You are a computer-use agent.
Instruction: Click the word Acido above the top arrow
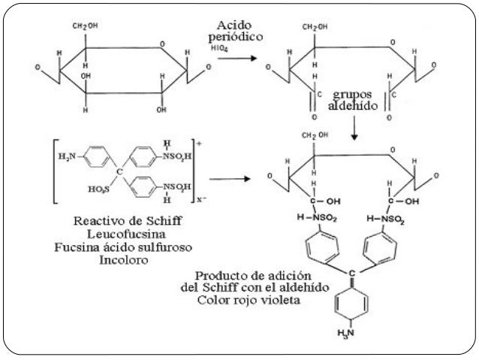[234, 26]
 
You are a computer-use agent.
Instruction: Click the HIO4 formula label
[219, 48]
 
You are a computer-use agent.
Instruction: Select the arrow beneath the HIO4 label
[237, 58]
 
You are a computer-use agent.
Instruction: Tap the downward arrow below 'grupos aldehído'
[354, 128]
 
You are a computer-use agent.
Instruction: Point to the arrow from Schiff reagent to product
[230, 179]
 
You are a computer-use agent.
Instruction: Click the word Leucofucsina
[126, 234]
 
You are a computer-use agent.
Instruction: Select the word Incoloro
[124, 260]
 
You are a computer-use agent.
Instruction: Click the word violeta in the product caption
[281, 300]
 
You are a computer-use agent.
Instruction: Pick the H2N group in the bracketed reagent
[67, 156]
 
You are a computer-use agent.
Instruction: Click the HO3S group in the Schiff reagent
[98, 189]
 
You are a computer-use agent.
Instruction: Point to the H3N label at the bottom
[345, 332]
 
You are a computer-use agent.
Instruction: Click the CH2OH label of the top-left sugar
[85, 26]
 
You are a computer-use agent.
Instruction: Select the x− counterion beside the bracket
[202, 199]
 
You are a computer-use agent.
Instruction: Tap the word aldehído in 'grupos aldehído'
[353, 105]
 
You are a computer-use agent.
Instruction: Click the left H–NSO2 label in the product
[317, 218]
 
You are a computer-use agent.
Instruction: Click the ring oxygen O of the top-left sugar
[162, 44]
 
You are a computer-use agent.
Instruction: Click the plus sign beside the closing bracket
[200, 144]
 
